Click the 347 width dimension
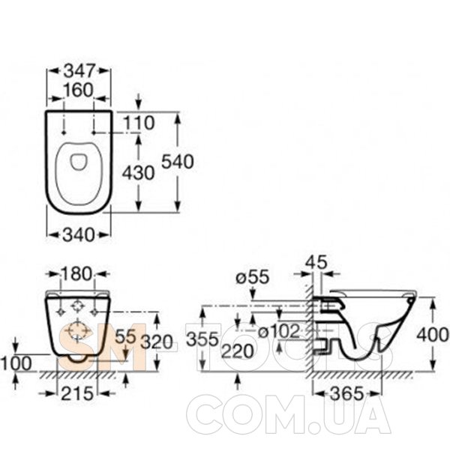(79, 71)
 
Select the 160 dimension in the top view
(78, 90)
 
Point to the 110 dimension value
(138, 123)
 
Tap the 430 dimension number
(138, 173)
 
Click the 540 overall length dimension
(178, 162)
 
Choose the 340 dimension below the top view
(79, 235)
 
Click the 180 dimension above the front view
(76, 274)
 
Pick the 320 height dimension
(157, 342)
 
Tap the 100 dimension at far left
(16, 363)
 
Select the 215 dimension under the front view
(77, 393)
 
